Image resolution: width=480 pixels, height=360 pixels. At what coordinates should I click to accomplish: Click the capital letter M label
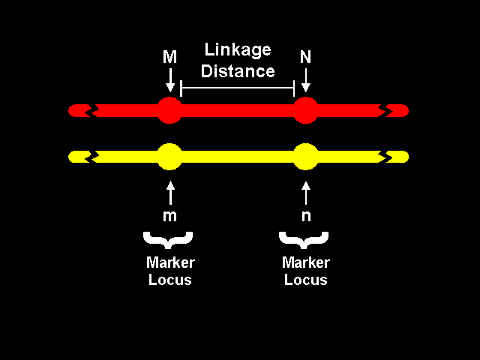click(x=169, y=58)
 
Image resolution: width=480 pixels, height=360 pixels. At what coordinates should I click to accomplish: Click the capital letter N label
click(x=305, y=58)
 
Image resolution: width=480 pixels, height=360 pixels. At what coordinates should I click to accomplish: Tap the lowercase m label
click(x=170, y=216)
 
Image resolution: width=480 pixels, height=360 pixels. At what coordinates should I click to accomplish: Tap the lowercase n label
click(x=305, y=216)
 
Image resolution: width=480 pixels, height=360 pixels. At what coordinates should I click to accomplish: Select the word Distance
click(x=237, y=71)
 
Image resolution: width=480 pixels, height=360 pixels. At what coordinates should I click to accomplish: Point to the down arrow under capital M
click(x=170, y=79)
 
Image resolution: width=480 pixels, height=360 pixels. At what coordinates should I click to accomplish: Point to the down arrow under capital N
click(x=305, y=79)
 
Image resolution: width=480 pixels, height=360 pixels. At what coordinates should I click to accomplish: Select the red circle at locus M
click(x=169, y=110)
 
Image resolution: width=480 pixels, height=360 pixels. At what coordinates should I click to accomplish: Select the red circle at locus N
click(x=305, y=110)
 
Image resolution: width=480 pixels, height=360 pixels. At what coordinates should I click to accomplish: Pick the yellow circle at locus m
click(x=169, y=157)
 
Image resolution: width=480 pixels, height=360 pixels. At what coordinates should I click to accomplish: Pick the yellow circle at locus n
click(x=305, y=157)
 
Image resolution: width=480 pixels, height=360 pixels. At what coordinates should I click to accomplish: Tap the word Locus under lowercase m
click(x=169, y=280)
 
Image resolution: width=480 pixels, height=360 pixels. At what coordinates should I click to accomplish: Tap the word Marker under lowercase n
click(x=305, y=263)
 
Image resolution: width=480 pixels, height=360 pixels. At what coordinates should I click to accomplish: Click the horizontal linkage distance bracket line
click(x=237, y=88)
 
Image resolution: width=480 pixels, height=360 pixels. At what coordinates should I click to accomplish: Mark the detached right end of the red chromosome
click(x=398, y=110)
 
